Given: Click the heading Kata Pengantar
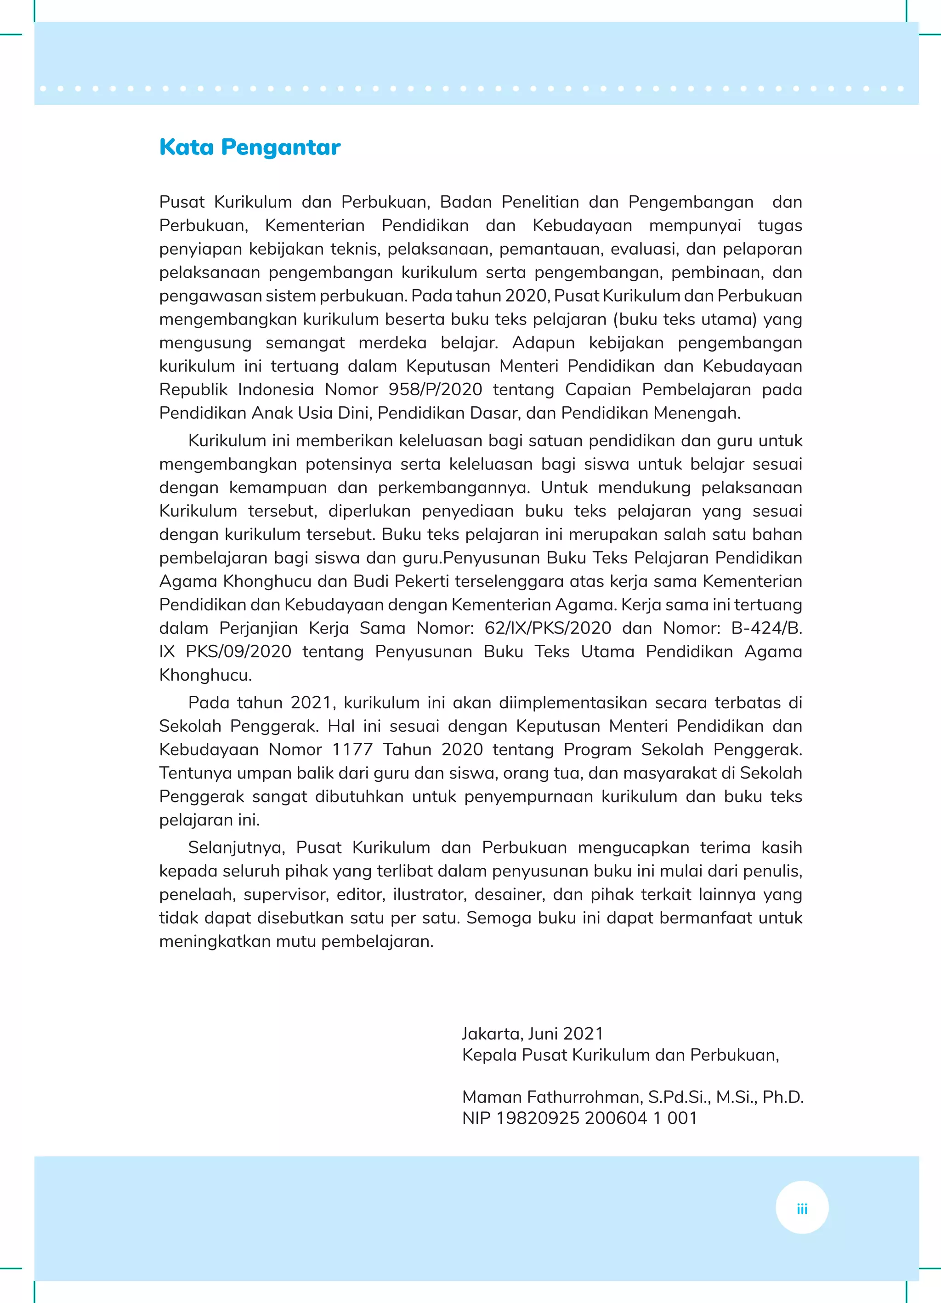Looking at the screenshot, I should [249, 147].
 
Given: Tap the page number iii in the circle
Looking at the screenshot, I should [802, 1209].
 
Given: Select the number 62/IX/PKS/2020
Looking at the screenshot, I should [548, 628].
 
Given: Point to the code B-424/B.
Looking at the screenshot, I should [766, 628].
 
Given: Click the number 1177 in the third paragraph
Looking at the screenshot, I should [352, 749].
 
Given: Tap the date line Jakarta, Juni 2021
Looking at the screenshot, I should [533, 1034].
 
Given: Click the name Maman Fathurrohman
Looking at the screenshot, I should [551, 1097].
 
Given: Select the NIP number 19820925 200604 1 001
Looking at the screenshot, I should [596, 1118].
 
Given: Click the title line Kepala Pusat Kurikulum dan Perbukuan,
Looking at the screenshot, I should [620, 1055].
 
